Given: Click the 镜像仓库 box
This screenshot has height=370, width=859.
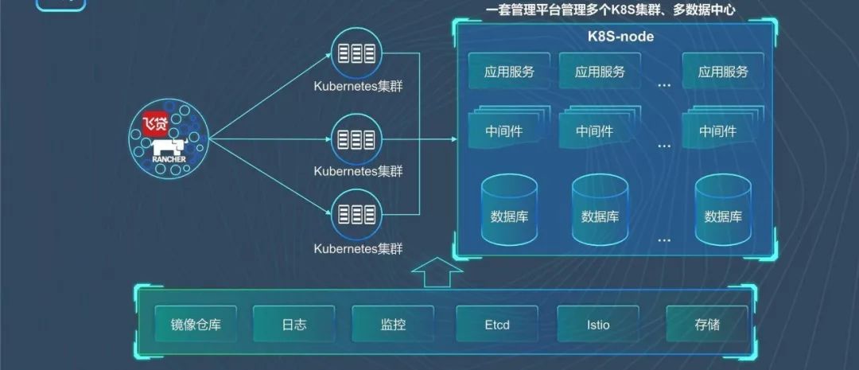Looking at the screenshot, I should (196, 325).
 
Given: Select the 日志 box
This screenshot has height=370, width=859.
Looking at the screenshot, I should (293, 325).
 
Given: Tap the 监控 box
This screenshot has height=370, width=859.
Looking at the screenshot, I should (393, 325).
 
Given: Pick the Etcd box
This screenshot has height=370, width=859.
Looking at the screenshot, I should (496, 325).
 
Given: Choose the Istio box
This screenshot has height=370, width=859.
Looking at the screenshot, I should (597, 325).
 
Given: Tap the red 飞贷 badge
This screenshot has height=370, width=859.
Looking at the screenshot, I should (155, 124).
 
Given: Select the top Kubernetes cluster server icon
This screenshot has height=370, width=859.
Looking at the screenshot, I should (357, 54).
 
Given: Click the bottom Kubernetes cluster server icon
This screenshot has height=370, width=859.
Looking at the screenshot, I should (357, 213).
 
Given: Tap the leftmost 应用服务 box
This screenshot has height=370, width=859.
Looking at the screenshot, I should (509, 72).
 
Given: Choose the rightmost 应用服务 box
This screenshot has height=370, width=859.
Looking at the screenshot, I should (723, 72).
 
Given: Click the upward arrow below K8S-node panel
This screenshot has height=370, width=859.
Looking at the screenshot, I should (437, 273).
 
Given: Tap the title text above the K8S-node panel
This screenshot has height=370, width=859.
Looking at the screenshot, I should (610, 10).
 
